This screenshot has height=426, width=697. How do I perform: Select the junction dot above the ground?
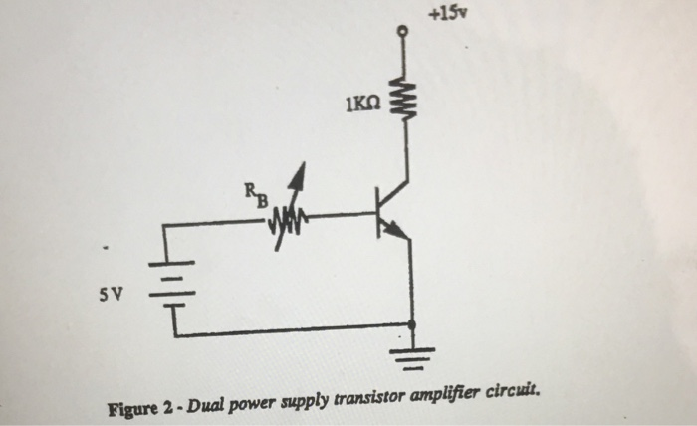click(411, 324)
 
